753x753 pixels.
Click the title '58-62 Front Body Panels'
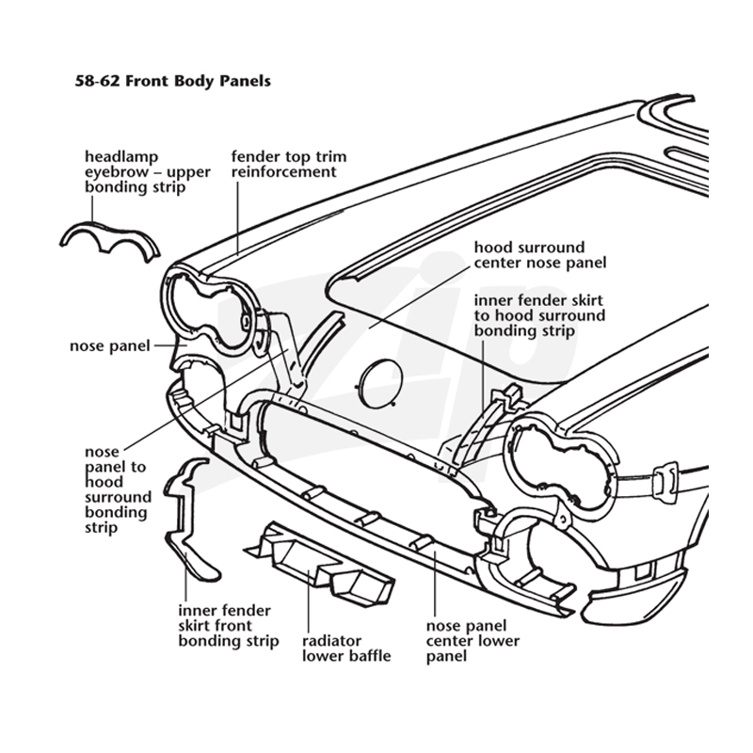(x=173, y=81)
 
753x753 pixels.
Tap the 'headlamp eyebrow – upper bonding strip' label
(x=148, y=172)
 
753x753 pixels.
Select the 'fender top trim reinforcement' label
(x=289, y=164)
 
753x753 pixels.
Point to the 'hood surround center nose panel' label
(x=540, y=255)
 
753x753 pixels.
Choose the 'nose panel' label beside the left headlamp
(x=110, y=345)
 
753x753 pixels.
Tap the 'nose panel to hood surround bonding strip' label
(x=118, y=489)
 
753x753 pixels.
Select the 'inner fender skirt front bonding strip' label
(x=229, y=626)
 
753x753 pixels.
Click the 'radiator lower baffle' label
(x=346, y=649)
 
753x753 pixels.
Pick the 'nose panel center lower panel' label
(x=473, y=641)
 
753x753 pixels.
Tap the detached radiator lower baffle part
(x=321, y=563)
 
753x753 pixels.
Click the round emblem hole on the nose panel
(x=380, y=384)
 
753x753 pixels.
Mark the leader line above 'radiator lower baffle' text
(x=309, y=601)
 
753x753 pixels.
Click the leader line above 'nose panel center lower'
(x=435, y=585)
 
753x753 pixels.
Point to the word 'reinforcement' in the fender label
(x=284, y=172)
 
